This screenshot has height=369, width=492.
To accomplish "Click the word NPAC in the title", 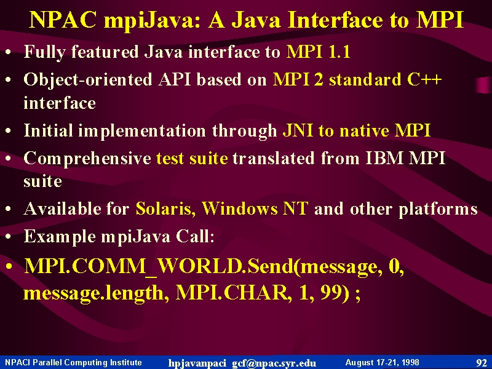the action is [63, 20].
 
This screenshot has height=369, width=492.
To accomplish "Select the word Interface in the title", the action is [335, 20].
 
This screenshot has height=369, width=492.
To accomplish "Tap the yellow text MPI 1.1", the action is [318, 52].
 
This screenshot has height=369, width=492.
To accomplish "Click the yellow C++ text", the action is [424, 79].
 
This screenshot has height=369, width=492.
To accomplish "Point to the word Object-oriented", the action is [88, 80].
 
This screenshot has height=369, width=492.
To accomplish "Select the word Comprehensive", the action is [87, 159].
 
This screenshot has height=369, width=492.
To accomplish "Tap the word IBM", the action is [384, 158].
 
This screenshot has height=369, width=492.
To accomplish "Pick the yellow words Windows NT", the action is [255, 208].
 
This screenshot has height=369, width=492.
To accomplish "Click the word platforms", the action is [438, 209].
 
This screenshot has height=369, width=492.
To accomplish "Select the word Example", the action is [60, 237].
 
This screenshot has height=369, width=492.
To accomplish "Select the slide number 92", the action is [482, 363].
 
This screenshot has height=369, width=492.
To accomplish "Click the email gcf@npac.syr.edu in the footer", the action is [274, 363].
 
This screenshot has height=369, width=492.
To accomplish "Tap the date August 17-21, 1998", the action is [382, 363].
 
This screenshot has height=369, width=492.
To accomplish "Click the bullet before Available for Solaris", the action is [9, 209].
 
